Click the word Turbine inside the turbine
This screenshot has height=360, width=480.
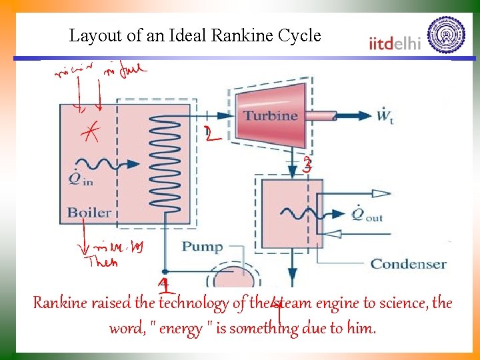point(270,115)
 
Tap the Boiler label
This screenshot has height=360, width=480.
point(89,213)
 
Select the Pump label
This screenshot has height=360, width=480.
point(202,247)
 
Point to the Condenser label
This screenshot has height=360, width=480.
point(408,264)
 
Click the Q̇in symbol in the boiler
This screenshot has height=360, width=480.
point(79,179)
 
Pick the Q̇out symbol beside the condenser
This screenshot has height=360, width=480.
point(365,215)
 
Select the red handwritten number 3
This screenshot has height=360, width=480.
point(307,166)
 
